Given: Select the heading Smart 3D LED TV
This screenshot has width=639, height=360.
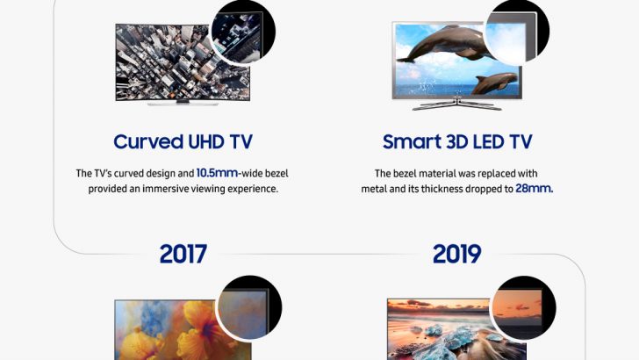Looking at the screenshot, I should (x=456, y=141).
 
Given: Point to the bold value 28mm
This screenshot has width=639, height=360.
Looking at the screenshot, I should (x=534, y=189).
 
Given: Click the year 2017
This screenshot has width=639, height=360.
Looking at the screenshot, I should (x=183, y=254).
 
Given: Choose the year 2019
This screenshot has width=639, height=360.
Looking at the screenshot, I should (x=456, y=254).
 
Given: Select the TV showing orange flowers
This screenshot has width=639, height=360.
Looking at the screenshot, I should (x=167, y=332).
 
